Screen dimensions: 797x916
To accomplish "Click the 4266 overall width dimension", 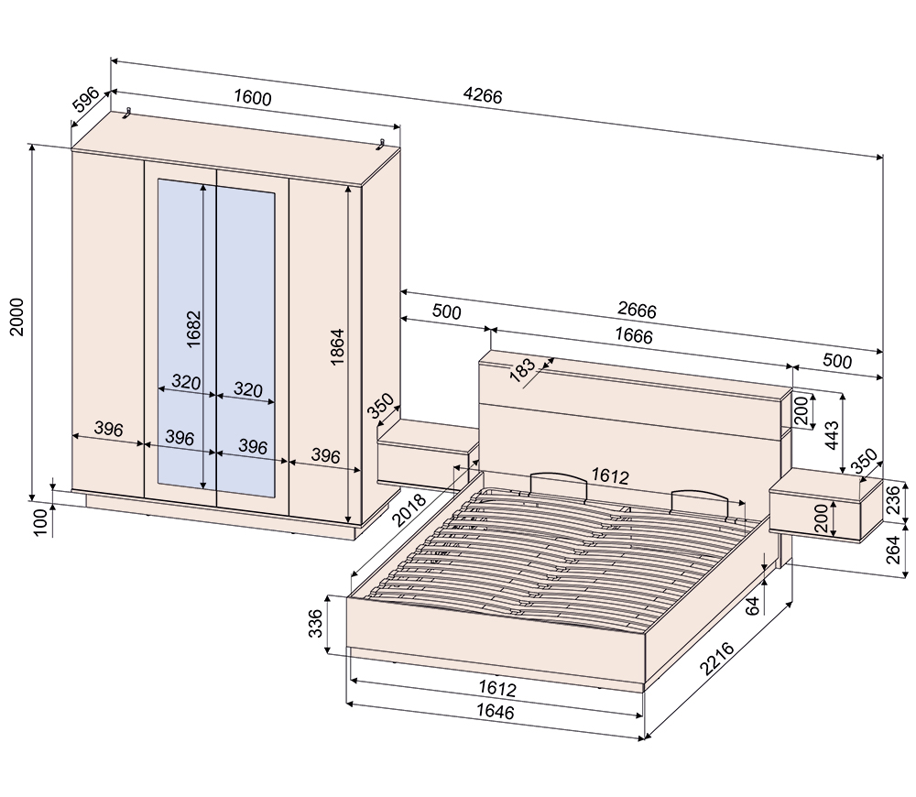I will [483, 93].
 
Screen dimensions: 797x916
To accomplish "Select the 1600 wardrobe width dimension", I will [252, 98].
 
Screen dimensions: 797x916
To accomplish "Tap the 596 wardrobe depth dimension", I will [86, 102].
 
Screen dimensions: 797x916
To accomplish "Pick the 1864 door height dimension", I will [337, 349].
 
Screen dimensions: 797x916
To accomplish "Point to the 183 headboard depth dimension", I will [521, 370].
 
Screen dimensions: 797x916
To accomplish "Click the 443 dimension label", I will [832, 434].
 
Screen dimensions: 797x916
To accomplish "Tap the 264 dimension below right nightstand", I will [900, 550].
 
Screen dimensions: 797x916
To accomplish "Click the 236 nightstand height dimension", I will [899, 500].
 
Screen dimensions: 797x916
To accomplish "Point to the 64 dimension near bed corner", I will [754, 605].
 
